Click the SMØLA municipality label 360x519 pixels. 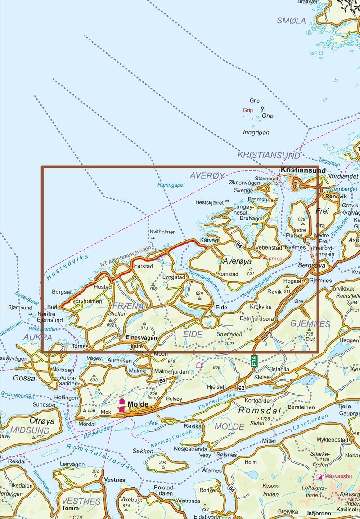click(x=291, y=21)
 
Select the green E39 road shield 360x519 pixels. click(x=254, y=360)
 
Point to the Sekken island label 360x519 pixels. click(x=143, y=451)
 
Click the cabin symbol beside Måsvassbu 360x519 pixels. click(x=319, y=476)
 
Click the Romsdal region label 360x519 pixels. click(x=260, y=411)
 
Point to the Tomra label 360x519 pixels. click(x=70, y=509)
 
